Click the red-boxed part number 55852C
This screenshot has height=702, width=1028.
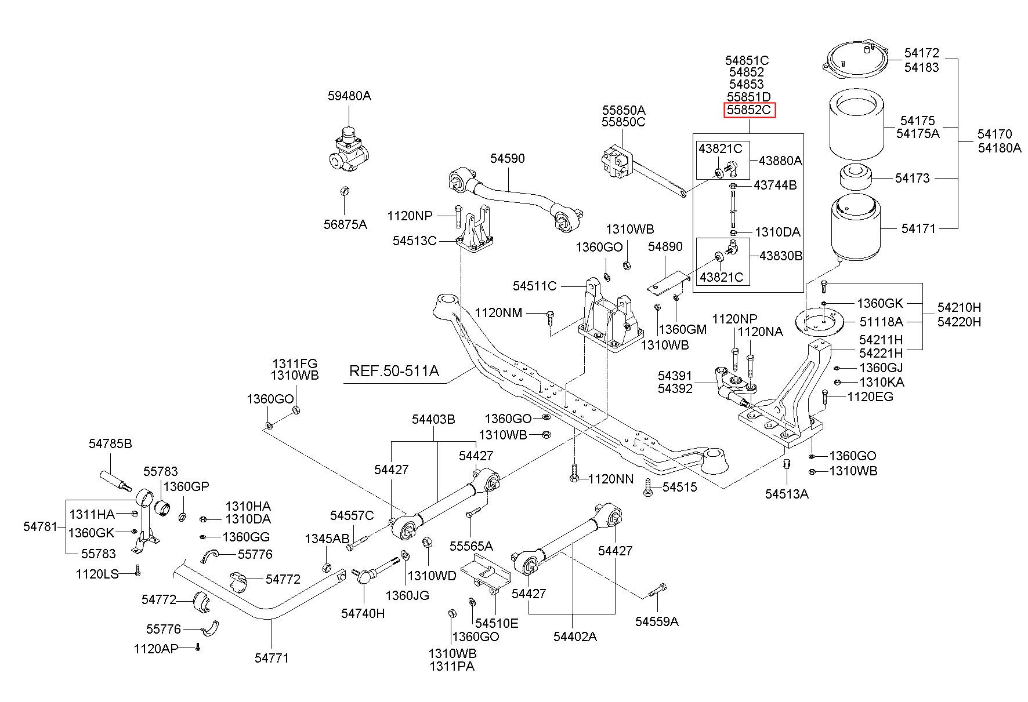point(749,110)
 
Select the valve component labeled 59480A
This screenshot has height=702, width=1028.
point(348,151)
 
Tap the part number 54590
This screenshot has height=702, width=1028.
point(507,158)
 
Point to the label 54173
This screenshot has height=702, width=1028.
point(912,178)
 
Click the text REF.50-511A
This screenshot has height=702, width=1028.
point(394,370)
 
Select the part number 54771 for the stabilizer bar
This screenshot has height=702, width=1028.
point(272,657)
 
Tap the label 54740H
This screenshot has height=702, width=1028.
point(363,613)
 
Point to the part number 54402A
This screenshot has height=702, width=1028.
point(575,636)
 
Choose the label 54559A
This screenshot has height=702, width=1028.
point(657,621)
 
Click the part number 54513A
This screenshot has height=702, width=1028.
point(787,493)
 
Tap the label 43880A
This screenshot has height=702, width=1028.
point(780,161)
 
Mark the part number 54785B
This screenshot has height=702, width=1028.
point(110,443)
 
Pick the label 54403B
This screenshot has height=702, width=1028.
point(434,419)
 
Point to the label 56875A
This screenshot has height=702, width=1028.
point(345,224)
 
